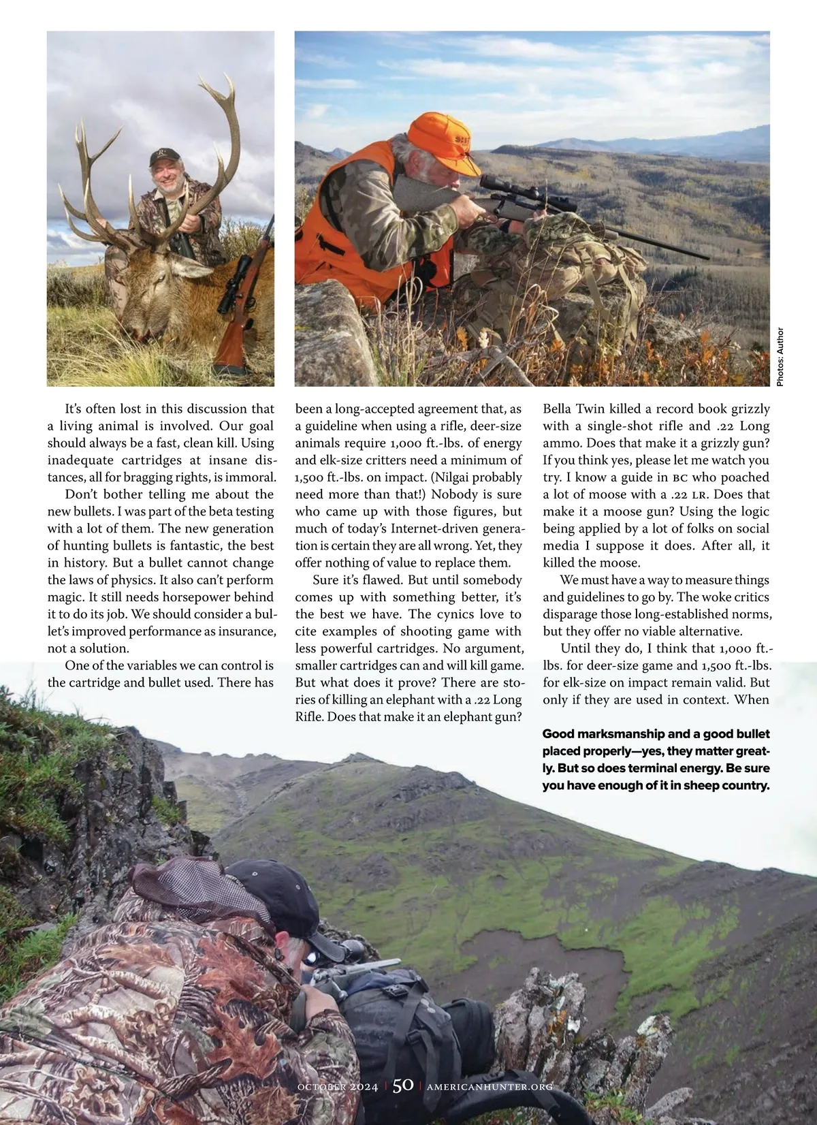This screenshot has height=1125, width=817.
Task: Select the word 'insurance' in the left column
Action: [x=242, y=631]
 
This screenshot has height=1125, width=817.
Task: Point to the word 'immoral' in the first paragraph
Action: [x=251, y=477]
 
